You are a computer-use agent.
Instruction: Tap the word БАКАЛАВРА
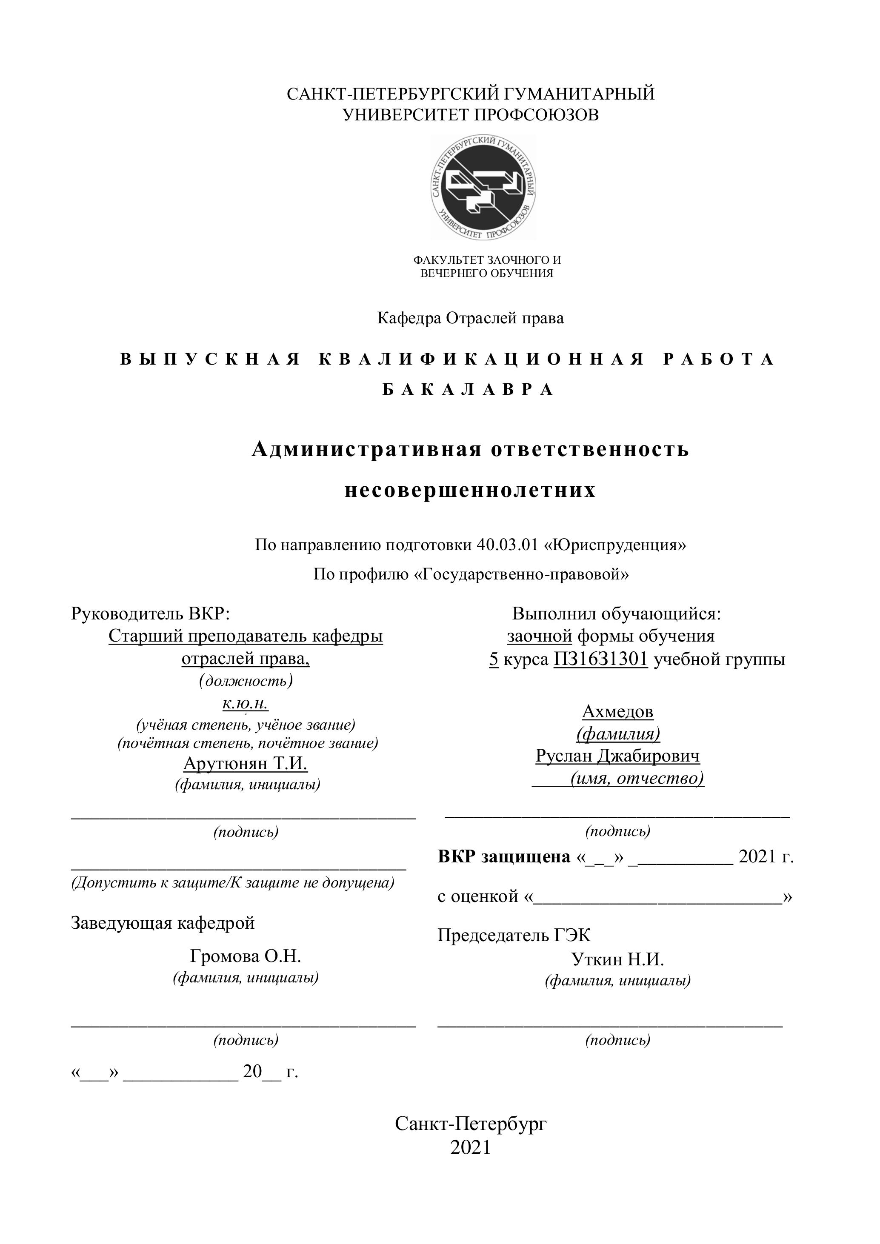(468, 390)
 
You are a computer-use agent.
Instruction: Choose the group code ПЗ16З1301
(600, 659)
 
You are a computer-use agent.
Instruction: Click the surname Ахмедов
(618, 711)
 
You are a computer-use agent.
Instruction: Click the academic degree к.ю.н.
(246, 703)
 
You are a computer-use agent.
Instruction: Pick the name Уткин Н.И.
(618, 959)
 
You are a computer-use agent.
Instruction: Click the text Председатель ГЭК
(514, 935)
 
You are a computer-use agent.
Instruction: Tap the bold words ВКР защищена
(504, 856)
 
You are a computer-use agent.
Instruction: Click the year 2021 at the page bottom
(470, 1147)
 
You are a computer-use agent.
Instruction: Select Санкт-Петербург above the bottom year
(470, 1124)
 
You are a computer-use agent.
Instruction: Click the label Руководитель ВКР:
(151, 614)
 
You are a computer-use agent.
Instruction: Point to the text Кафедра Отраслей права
(470, 318)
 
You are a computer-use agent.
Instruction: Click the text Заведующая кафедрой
(163, 923)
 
